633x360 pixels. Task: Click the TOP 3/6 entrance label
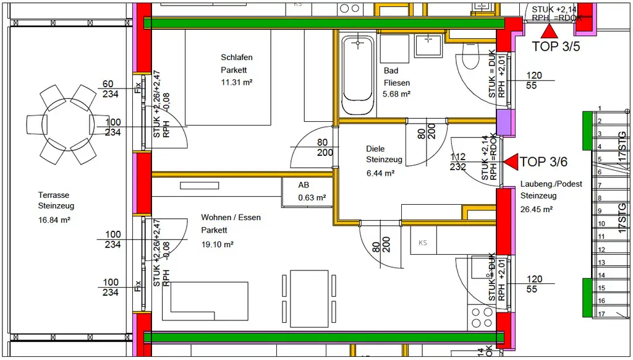point(543,162)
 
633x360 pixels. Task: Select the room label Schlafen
point(237,58)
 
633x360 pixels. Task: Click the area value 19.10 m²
point(217,244)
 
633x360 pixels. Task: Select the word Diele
point(375,148)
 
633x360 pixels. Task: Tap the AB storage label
point(304,185)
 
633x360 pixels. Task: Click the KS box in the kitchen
point(423,242)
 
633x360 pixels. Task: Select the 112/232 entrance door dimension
point(458,162)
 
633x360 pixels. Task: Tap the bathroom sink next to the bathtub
point(427,45)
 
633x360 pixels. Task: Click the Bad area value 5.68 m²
point(397,94)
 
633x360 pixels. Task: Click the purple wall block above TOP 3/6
point(505,123)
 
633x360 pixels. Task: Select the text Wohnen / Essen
point(231,218)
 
